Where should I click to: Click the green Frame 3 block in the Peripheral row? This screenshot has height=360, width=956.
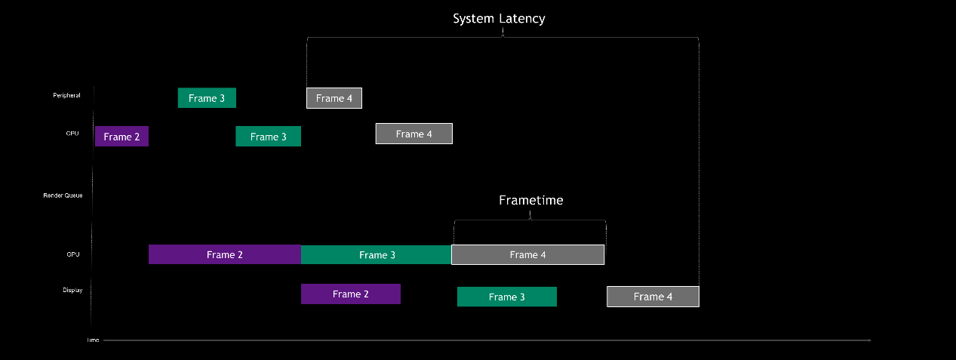pos(207,98)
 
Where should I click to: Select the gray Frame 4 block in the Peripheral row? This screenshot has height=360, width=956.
pos(334,98)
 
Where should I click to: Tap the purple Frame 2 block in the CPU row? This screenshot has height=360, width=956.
pos(121,137)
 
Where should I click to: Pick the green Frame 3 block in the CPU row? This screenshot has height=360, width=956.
pos(268,137)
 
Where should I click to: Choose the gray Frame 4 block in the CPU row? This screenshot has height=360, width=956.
pos(413,134)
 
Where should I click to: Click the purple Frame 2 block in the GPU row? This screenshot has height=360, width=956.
pos(225,254)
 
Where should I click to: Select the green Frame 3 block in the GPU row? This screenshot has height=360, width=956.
pos(377,254)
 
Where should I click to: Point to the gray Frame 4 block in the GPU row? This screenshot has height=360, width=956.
pos(527,254)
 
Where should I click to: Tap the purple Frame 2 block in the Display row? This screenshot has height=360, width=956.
pos(351,294)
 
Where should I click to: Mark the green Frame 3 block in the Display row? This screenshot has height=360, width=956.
pos(506,297)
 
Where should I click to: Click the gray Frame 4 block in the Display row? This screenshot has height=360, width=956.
pos(653,297)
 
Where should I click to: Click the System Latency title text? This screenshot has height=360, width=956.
pos(499,19)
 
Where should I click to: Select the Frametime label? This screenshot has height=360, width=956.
pos(530,201)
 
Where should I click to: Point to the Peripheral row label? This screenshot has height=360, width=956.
pos(66,95)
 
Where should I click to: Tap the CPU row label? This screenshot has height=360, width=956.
pos(72,133)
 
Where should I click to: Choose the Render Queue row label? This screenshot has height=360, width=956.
pos(63,195)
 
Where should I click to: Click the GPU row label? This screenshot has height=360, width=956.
pos(72,254)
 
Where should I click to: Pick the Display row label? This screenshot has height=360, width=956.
pos(72,290)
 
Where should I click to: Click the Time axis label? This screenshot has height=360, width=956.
pos(92,340)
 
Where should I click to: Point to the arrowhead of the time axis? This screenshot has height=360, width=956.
pos(869,340)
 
